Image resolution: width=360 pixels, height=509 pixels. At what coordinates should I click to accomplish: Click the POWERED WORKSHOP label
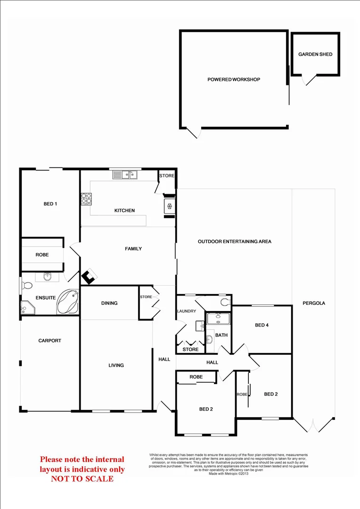click(x=234, y=80)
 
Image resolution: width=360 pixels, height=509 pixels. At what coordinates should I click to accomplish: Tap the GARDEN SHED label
click(x=315, y=54)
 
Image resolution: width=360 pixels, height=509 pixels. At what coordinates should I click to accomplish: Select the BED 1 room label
click(x=50, y=204)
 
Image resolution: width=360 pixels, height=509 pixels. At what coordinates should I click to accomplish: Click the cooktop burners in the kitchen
click(x=86, y=199)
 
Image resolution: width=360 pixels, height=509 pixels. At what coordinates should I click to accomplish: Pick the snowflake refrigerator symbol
click(x=169, y=206)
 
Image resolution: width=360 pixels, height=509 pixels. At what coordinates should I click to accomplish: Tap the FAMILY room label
click(x=133, y=248)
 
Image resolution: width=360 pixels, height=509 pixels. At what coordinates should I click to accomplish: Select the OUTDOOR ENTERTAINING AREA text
click(x=234, y=241)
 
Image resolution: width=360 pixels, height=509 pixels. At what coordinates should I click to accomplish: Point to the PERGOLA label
click(x=314, y=303)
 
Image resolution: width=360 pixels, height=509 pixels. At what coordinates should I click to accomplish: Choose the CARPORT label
click(x=49, y=340)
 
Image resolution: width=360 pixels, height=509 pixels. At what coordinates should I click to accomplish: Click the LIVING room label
click(x=116, y=365)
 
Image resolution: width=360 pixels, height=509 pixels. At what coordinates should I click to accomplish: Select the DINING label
click(x=109, y=303)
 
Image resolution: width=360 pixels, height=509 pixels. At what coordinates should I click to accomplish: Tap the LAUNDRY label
click(x=186, y=311)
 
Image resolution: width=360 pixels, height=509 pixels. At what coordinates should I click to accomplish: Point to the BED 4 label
click(x=262, y=325)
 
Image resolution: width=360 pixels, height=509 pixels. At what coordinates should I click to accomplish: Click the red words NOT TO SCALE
click(x=82, y=479)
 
